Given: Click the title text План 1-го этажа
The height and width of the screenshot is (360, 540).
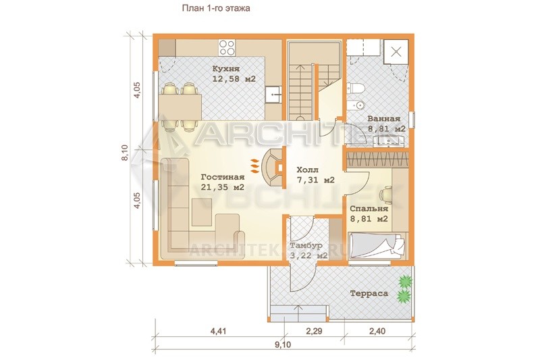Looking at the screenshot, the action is coord(216,8).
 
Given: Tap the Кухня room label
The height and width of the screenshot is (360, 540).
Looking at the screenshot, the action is coord(226,68).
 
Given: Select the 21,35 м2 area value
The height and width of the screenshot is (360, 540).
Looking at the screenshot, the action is coord(223,187).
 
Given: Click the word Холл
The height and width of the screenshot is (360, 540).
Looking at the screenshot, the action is coord(308,170).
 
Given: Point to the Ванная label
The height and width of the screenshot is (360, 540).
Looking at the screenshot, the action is coord(384,119).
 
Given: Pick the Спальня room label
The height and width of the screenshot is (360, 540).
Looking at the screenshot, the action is coord(369,209).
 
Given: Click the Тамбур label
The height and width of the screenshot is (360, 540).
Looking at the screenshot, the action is coord(306,246).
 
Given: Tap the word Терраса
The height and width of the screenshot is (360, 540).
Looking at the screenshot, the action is coord(369,294).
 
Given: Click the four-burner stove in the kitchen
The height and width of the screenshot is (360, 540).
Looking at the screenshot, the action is coord(227,47).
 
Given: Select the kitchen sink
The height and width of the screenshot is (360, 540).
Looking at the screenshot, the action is coord(274,95).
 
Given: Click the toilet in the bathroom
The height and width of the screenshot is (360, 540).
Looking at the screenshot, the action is coord(356,88).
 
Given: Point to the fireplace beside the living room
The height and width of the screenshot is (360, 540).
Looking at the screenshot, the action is coord(273,168).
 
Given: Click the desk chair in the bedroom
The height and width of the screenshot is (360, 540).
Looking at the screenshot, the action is coord(386,195).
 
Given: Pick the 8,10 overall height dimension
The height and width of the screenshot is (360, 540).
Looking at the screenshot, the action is coord(125,152).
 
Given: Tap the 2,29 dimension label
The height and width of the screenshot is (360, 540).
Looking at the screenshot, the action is coord(314,332).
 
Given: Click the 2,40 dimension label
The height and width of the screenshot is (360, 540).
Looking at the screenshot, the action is coord(377,332).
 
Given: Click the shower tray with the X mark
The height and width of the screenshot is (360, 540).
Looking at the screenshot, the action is coord(396,52).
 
